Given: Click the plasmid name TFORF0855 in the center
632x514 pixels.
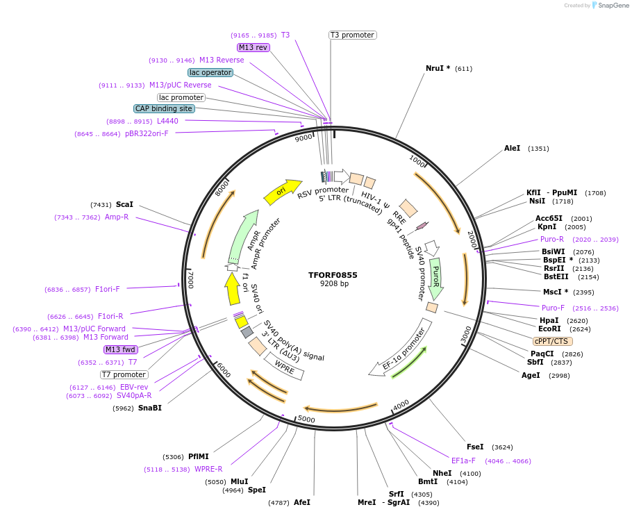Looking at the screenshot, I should [333, 275].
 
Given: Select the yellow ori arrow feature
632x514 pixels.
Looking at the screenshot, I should [282, 191].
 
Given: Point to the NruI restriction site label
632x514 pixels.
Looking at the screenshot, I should [438, 68].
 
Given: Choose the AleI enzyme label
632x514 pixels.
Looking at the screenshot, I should [512, 148].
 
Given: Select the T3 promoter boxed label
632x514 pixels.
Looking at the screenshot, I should [352, 35].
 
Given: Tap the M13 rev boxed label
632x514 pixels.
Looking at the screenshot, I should [253, 47].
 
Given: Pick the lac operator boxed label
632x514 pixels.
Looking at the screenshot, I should [210, 72].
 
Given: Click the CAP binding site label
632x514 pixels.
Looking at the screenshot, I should [164, 108].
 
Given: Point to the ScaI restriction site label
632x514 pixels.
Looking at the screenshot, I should [124, 204].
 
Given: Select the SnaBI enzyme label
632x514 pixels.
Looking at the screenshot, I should [149, 408].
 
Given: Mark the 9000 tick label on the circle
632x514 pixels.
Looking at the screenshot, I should [303, 138].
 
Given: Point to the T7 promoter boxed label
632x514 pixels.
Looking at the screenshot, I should [124, 374].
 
